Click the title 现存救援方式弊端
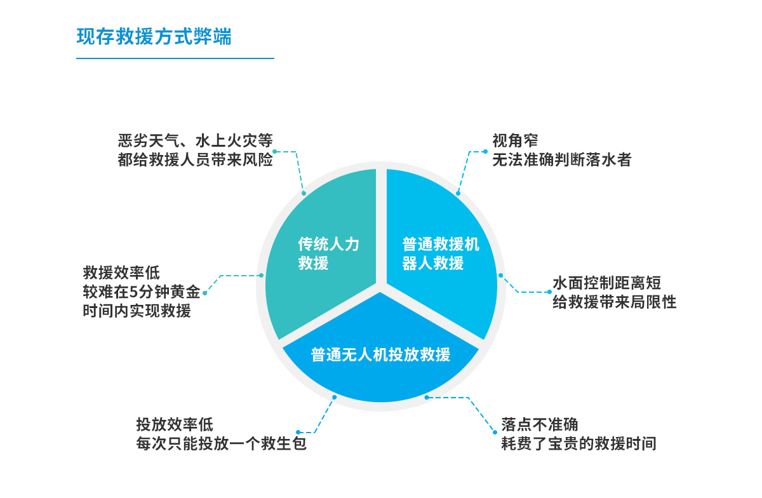pos(154,36)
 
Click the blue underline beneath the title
pos(175,58)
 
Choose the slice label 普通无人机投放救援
pos(380,354)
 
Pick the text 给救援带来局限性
pos(614,302)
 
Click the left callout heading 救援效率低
pos(121,273)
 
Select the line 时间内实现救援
pos(137,312)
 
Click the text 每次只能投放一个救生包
pos(221,443)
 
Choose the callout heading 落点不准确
pos(539,424)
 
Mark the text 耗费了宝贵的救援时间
pos(578,443)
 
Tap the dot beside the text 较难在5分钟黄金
pos(204,293)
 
